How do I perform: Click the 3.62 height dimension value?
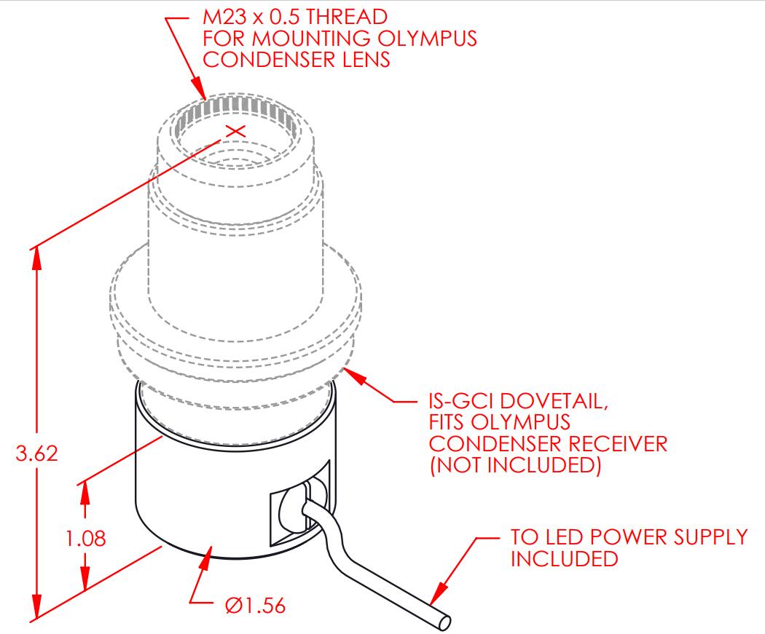tap(36, 453)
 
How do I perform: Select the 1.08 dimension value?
tap(86, 539)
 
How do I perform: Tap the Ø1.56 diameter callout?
tap(255, 606)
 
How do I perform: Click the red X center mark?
tap(236, 130)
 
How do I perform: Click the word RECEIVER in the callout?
tap(618, 443)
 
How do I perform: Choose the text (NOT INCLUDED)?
tap(515, 465)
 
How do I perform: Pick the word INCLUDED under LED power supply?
tap(565, 558)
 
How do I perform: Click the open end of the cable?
tap(444, 622)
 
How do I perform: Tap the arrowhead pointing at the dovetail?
tap(356, 376)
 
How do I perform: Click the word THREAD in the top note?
tap(346, 17)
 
